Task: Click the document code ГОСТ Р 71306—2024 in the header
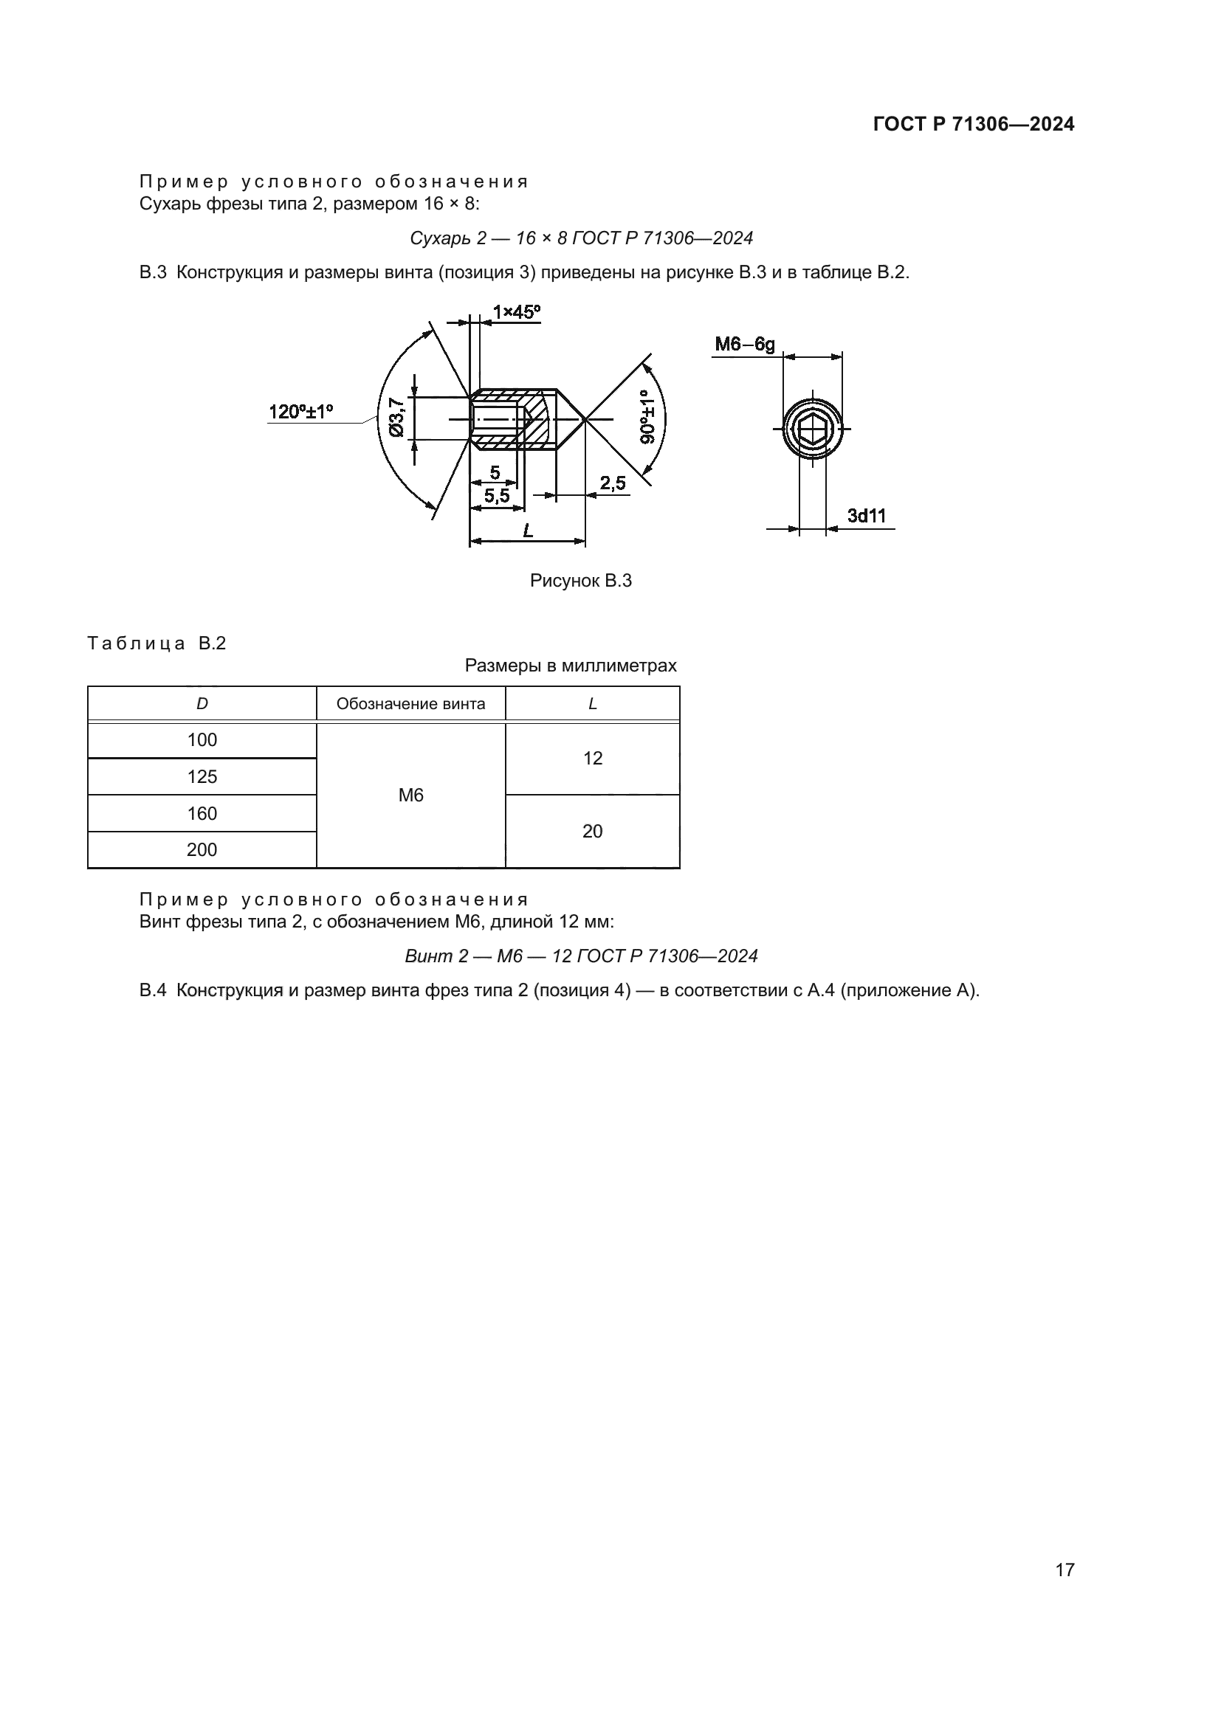point(973,125)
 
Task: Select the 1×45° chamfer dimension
point(516,312)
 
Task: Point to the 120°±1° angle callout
point(300,412)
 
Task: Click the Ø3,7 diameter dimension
point(396,417)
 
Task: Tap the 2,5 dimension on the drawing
point(613,483)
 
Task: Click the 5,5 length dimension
point(496,496)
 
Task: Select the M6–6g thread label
point(744,345)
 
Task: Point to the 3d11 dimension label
point(866,516)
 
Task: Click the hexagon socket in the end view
point(812,429)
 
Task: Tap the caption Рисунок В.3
point(580,580)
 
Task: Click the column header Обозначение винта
point(410,704)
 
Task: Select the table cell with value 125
point(202,776)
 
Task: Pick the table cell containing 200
point(202,849)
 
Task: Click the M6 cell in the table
point(410,795)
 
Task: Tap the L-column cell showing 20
point(593,831)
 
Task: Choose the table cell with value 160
point(202,813)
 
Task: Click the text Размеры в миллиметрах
point(570,666)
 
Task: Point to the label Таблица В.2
point(157,643)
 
